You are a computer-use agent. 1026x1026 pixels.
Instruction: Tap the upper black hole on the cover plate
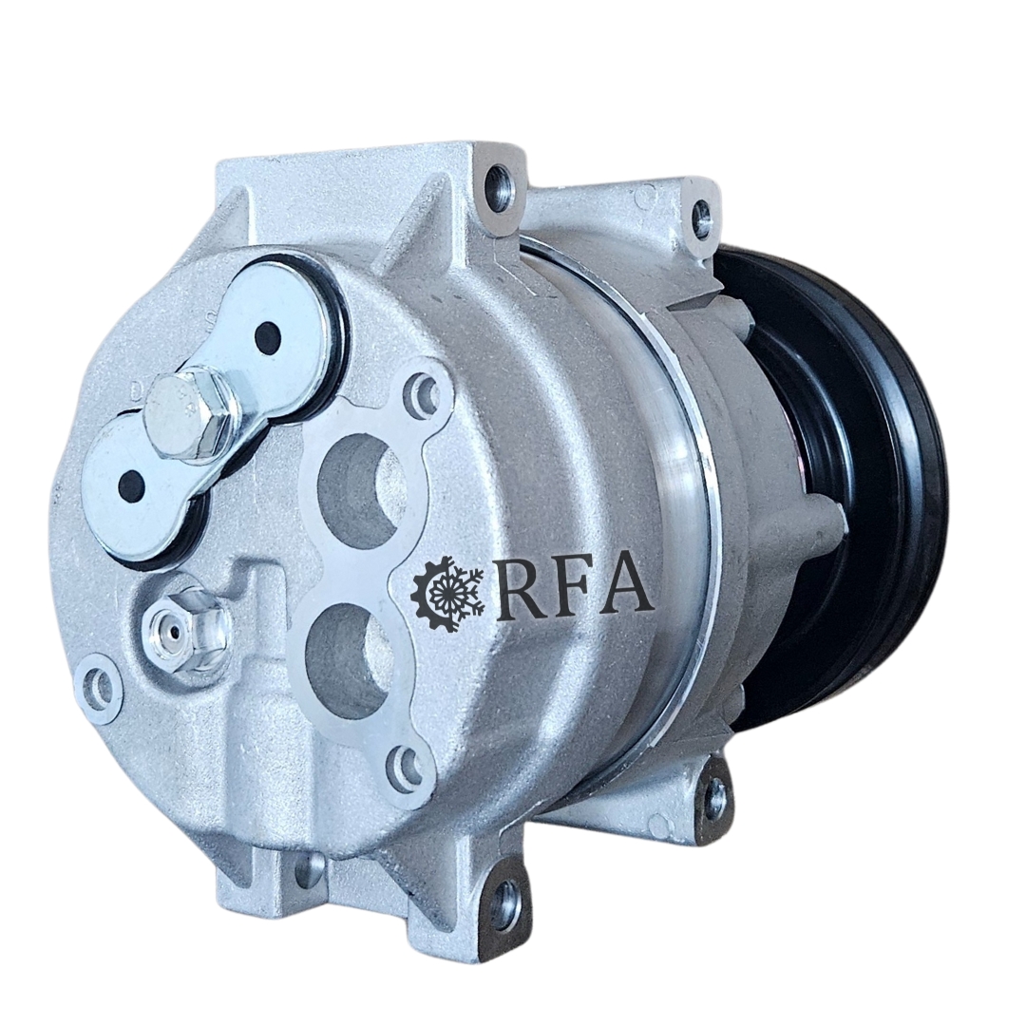[x=268, y=337]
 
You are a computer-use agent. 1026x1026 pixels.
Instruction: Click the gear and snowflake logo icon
[x=447, y=594]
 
